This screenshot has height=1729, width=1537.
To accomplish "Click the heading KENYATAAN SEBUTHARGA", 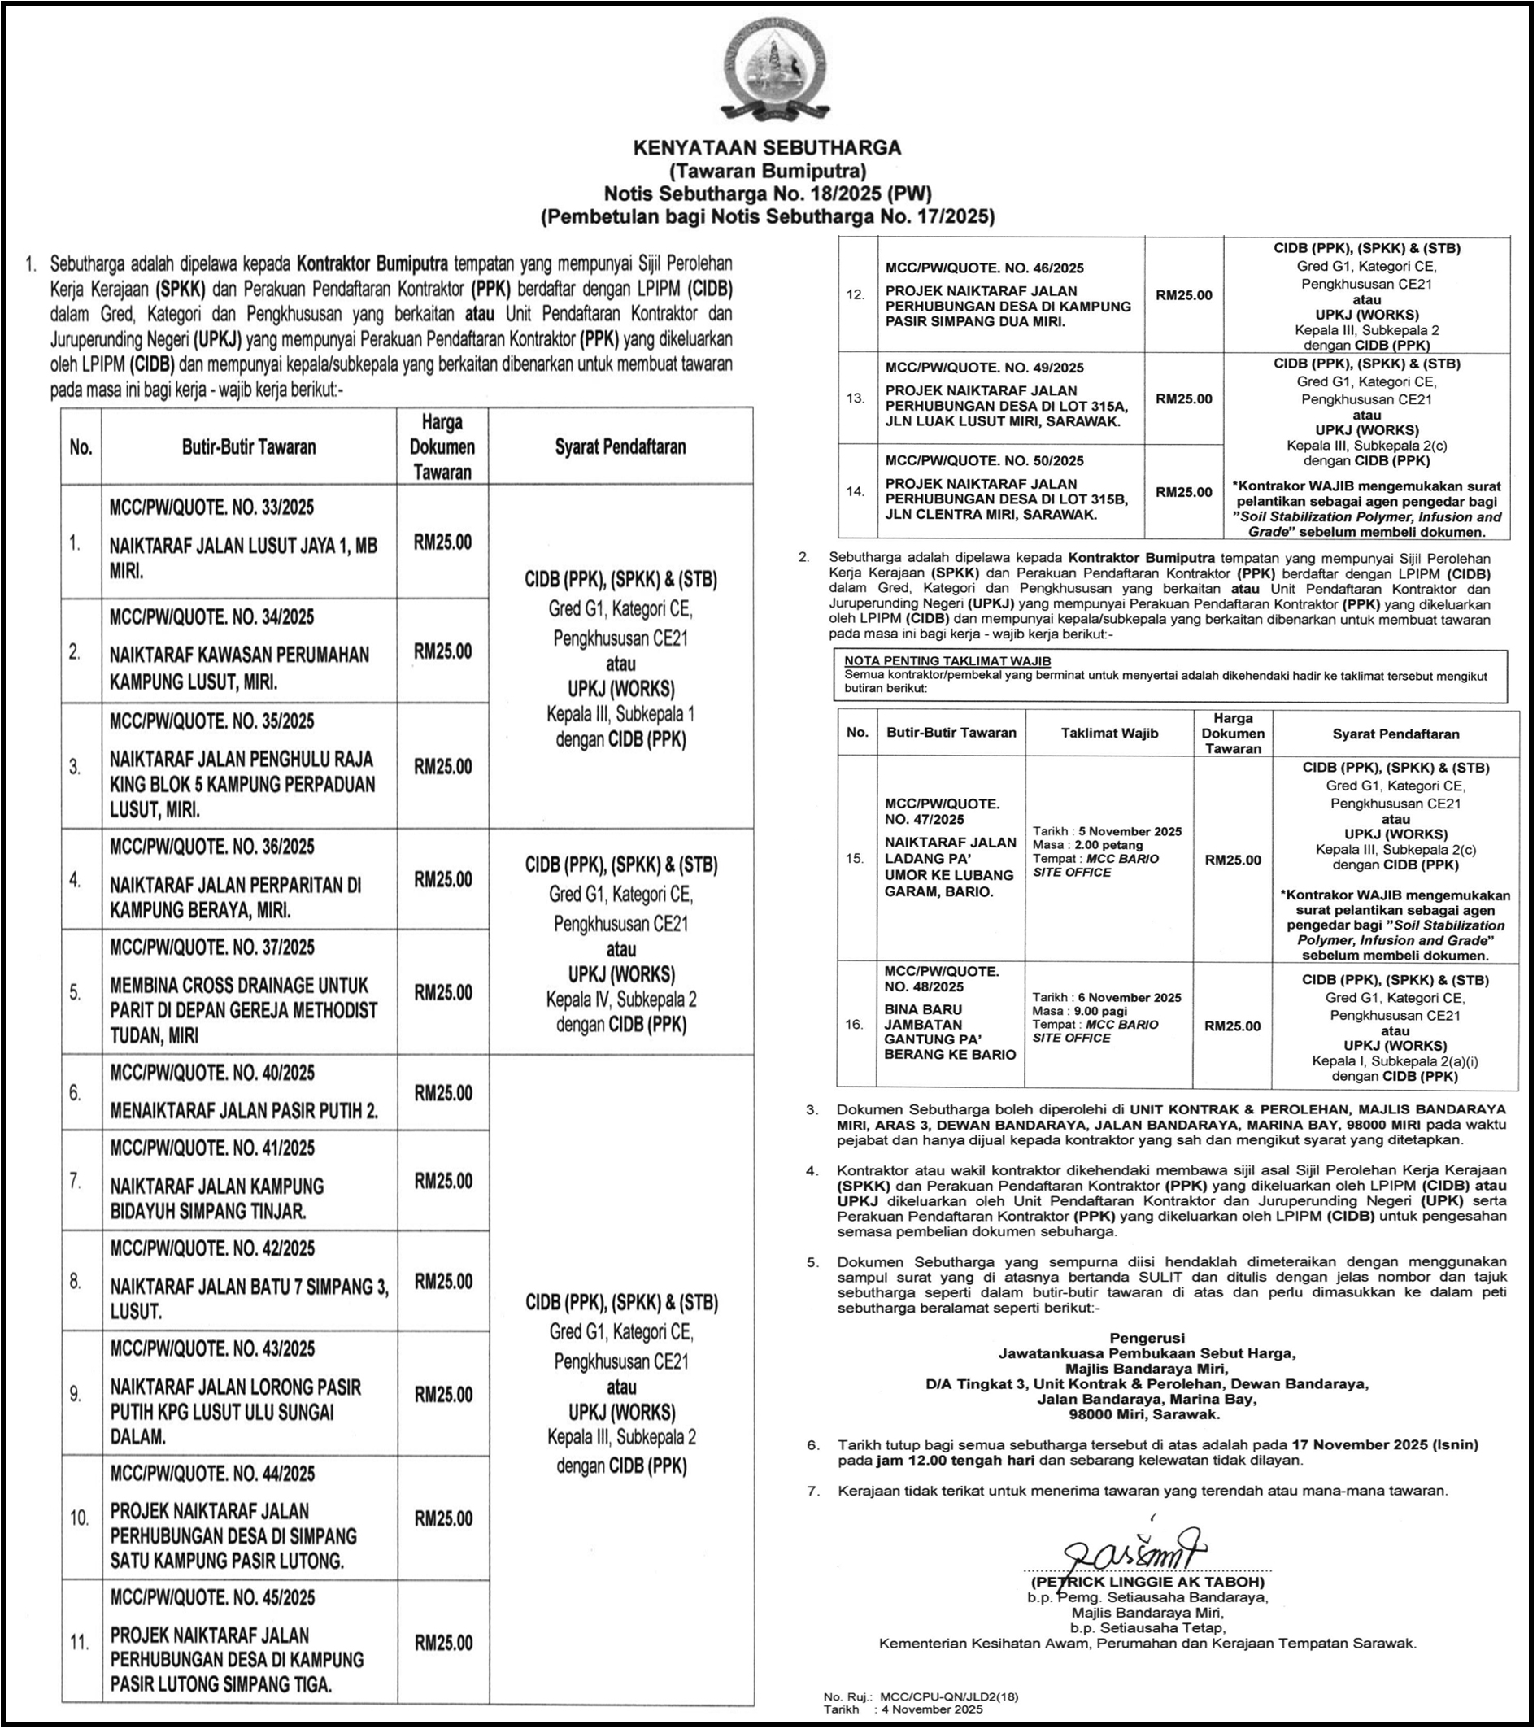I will pos(767,147).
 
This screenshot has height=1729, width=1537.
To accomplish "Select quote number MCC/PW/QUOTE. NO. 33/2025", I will pos(211,507).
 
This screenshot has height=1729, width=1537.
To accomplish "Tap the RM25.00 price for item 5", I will pos(442,992).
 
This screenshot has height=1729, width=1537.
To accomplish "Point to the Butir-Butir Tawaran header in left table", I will pos(249,446).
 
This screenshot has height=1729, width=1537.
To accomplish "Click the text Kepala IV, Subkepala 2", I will pos(620,1000).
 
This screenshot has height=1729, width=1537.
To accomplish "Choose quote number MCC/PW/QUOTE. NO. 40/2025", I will pos(211,1074).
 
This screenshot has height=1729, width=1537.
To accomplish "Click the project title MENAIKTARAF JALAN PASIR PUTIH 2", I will pos(244,1111).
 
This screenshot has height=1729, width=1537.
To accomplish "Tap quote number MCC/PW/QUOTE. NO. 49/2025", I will pos(984,368).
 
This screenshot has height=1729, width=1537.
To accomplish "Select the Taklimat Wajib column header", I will pos(1109,734).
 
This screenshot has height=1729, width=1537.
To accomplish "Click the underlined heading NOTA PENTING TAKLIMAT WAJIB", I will pos(947,660).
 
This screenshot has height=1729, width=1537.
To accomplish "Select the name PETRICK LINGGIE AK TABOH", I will pos(1147,1582).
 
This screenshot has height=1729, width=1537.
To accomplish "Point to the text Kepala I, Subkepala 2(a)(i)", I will pos(1395,1060).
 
